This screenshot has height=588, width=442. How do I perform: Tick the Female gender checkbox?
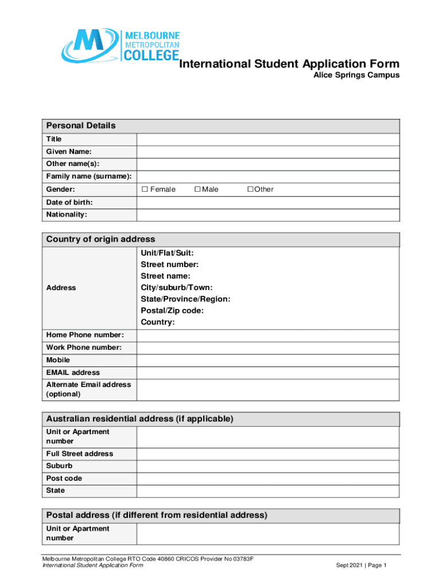tap(145, 189)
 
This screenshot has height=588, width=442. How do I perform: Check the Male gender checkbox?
tap(197, 189)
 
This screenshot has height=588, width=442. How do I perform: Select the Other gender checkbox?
tap(250, 189)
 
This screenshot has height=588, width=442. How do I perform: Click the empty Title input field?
tap(267, 140)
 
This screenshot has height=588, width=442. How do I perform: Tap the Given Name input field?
tap(267, 152)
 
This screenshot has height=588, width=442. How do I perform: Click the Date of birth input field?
tap(267, 202)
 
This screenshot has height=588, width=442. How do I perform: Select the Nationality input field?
tap(267, 215)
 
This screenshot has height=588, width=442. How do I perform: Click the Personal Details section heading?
tap(81, 126)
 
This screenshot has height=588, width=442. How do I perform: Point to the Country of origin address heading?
tap(100, 239)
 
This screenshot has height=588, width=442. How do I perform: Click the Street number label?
tap(170, 265)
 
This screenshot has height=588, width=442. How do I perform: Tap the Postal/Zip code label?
tap(172, 311)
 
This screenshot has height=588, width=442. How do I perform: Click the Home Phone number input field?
tap(267, 335)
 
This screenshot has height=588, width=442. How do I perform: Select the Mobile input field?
tap(267, 360)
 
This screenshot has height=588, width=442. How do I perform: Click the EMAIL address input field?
tap(267, 373)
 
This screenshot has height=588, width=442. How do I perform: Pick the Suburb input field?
tap(267, 466)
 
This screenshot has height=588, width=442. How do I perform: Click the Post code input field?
tap(267, 478)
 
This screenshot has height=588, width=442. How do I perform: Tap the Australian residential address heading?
tap(139, 419)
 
